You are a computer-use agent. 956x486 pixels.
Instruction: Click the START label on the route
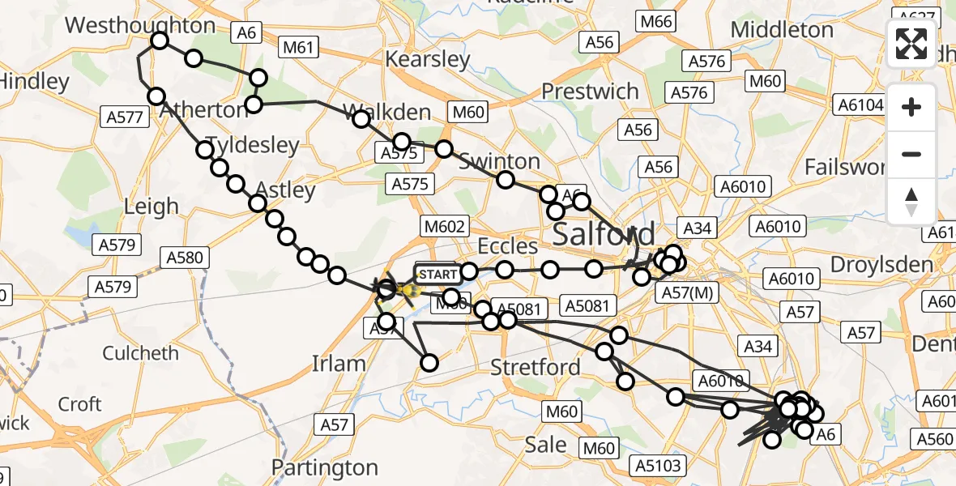tap(437, 275)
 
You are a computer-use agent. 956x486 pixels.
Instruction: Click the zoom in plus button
tap(911, 107)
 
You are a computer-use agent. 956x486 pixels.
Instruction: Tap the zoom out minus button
tap(911, 154)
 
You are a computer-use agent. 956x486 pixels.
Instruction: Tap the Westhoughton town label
tap(140, 24)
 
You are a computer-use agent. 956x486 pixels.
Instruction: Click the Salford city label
tap(604, 234)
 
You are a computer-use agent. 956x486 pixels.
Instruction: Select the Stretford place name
tap(536, 367)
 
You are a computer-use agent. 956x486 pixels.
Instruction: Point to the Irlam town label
tap(339, 364)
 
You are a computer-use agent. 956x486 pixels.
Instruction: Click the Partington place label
tap(324, 467)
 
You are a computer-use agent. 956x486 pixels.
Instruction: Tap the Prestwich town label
tap(591, 91)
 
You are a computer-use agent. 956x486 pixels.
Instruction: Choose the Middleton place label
tap(782, 30)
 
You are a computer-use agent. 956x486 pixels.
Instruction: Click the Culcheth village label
tap(141, 353)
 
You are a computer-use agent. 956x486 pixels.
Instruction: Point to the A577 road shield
tap(125, 117)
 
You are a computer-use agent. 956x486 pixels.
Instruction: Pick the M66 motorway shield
tap(657, 22)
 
